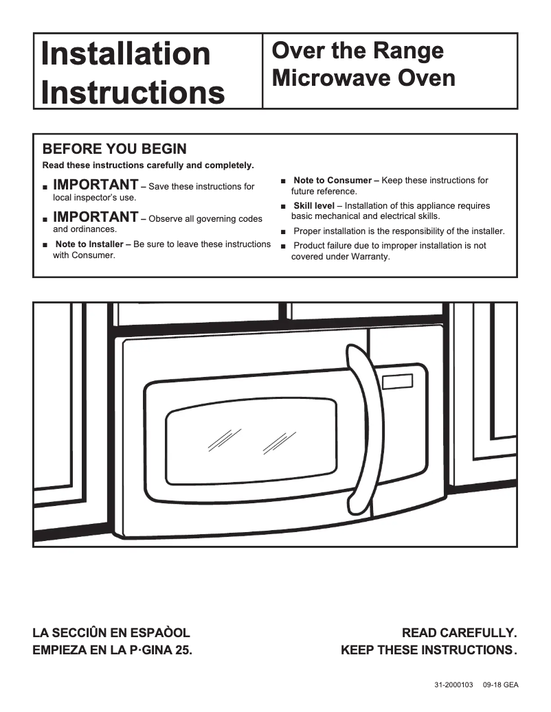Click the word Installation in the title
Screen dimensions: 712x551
click(x=126, y=54)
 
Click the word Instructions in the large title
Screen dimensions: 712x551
click(x=133, y=91)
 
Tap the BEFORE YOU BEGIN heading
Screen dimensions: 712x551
click(x=115, y=149)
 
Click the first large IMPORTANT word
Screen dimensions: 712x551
click(x=95, y=185)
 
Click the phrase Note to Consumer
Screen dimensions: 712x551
click(x=332, y=181)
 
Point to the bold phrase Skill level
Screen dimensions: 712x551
click(x=314, y=206)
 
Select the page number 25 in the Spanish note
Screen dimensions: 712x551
click(x=182, y=650)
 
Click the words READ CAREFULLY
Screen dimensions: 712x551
click(x=459, y=632)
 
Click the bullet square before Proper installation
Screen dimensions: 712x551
click(x=284, y=232)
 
